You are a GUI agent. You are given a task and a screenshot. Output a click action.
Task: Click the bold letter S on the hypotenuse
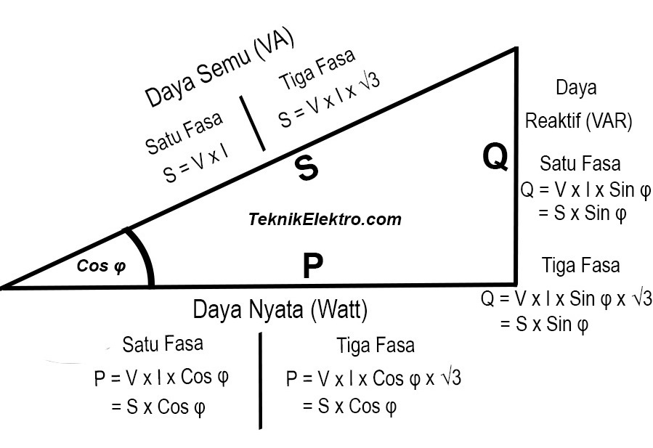pyautogui.click(x=307, y=168)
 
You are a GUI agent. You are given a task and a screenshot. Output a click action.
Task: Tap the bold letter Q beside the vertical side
pyautogui.click(x=495, y=157)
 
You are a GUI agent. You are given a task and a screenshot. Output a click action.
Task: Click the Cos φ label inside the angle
pyautogui.click(x=102, y=266)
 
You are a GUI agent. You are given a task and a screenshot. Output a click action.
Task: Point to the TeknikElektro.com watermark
pyautogui.click(x=325, y=219)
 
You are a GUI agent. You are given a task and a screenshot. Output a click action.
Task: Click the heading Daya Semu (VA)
pyautogui.click(x=219, y=71)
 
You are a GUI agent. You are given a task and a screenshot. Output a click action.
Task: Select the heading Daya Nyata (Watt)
pyautogui.click(x=280, y=310)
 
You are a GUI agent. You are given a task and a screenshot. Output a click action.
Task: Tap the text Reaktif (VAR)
pyautogui.click(x=579, y=120)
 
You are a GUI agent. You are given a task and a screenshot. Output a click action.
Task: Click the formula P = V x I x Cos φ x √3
pyautogui.click(x=374, y=378)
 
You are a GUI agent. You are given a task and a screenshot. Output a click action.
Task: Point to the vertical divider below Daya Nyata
pyautogui.click(x=260, y=380)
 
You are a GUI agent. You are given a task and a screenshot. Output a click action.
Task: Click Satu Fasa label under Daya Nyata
pyautogui.click(x=163, y=343)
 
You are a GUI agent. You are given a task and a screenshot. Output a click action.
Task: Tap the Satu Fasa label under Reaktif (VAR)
pyautogui.click(x=580, y=164)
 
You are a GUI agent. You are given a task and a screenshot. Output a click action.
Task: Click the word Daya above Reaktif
pyautogui.click(x=576, y=88)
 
